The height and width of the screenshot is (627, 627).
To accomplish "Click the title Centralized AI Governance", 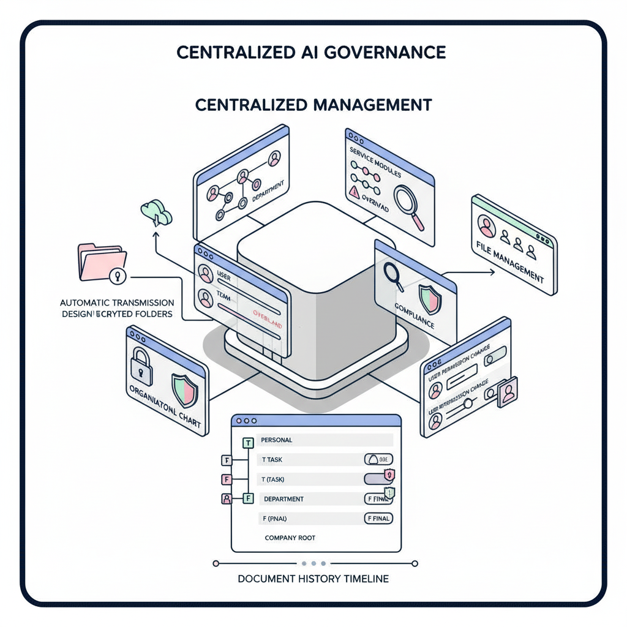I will pyautogui.click(x=311, y=51).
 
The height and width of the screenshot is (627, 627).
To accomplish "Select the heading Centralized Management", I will pyautogui.click(x=313, y=105).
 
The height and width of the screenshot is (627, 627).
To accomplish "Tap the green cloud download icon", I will pyautogui.click(x=157, y=212).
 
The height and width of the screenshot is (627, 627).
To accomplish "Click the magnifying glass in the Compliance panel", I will pyautogui.click(x=393, y=274).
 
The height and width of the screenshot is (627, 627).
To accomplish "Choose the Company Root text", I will pyautogui.click(x=290, y=538).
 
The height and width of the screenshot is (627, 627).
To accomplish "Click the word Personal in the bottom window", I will pyautogui.click(x=277, y=440).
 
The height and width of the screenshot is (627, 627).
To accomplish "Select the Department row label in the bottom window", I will pyautogui.click(x=283, y=499).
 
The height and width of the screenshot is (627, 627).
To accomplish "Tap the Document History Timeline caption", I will pyautogui.click(x=313, y=579).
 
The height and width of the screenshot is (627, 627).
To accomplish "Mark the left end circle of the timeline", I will pyautogui.click(x=215, y=563).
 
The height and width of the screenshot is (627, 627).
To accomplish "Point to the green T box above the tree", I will pyautogui.click(x=248, y=443).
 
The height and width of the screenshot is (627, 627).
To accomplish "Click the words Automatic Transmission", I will pyautogui.click(x=117, y=303).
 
